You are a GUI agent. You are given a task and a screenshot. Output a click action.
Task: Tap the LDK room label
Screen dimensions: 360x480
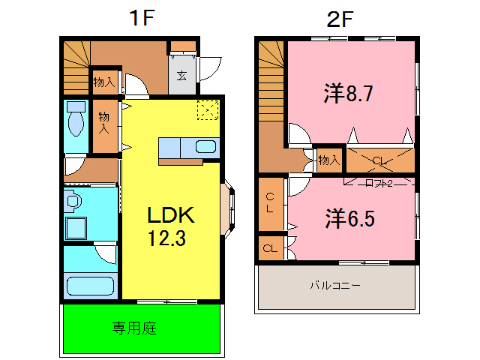170,216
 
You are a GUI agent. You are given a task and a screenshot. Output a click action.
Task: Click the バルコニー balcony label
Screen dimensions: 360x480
336,286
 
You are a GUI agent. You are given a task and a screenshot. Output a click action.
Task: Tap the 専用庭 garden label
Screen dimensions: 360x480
134,328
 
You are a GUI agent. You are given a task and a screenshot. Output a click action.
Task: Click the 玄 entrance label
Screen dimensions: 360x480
181,75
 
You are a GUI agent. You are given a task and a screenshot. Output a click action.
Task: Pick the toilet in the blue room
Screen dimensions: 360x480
76,118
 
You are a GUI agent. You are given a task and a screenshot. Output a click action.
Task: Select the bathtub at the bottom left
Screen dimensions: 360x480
89,286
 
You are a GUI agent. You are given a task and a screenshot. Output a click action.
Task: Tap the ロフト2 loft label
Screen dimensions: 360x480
379,182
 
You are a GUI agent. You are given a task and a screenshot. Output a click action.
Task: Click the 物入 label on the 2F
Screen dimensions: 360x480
328,159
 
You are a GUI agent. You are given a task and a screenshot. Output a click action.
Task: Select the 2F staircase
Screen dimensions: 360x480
271,90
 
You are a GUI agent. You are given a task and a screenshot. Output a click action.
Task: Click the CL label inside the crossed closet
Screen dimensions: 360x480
379,160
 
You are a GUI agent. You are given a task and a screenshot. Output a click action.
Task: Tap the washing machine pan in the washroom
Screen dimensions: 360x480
76,227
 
